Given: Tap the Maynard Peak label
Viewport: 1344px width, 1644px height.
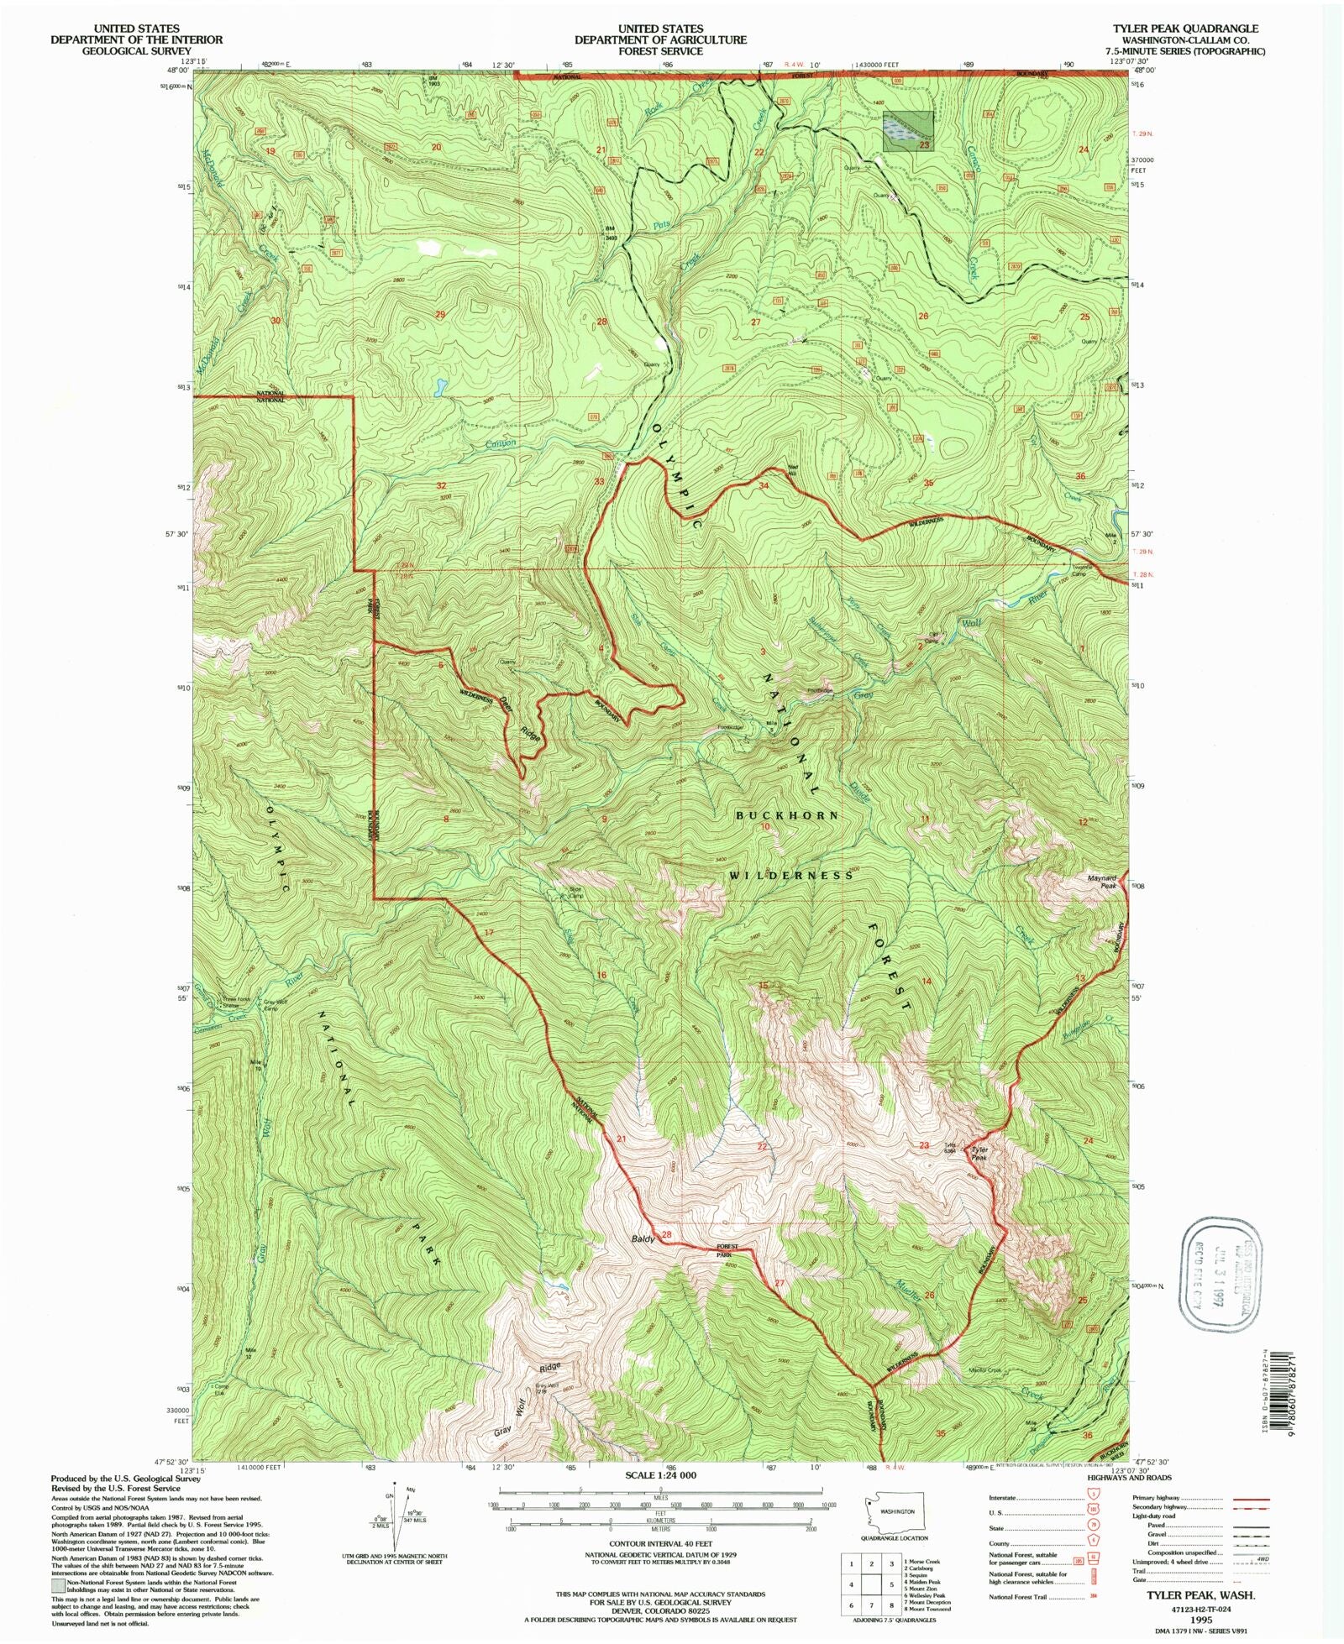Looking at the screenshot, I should (x=1101, y=882).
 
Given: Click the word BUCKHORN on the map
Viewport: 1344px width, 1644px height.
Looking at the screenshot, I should (x=787, y=815).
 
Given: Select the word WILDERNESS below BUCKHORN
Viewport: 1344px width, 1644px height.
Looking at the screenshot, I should (x=791, y=875).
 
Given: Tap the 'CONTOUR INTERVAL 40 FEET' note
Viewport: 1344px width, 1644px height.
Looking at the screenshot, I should (x=660, y=1543).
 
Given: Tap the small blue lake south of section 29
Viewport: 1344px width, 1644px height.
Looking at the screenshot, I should (x=438, y=387).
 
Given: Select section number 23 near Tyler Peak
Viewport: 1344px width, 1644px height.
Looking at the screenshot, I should (x=924, y=1144).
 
